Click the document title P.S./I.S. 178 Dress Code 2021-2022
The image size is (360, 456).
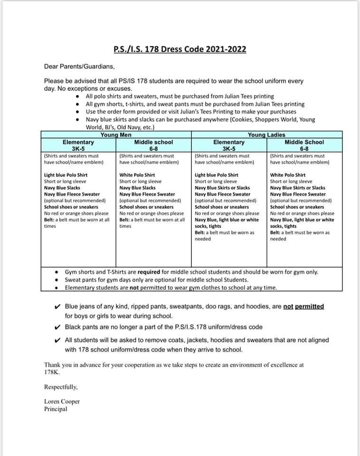(180, 49)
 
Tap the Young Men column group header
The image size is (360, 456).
(115, 135)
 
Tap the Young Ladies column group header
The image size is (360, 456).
(266, 135)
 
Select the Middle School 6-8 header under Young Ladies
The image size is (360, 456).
(304, 145)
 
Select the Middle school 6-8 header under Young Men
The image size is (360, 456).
(153, 145)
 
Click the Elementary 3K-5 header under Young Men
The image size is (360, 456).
(78, 145)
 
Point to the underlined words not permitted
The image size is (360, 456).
(303, 306)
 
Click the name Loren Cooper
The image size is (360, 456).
(62, 401)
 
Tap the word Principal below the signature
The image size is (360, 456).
(56, 409)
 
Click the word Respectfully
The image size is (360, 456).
(61, 387)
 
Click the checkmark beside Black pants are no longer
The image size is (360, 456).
(57, 327)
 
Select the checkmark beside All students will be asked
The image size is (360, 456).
(57, 340)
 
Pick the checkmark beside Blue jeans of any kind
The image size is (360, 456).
(57, 307)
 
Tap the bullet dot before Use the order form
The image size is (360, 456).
(78, 112)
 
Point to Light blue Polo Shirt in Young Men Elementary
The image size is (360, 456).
(66, 175)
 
